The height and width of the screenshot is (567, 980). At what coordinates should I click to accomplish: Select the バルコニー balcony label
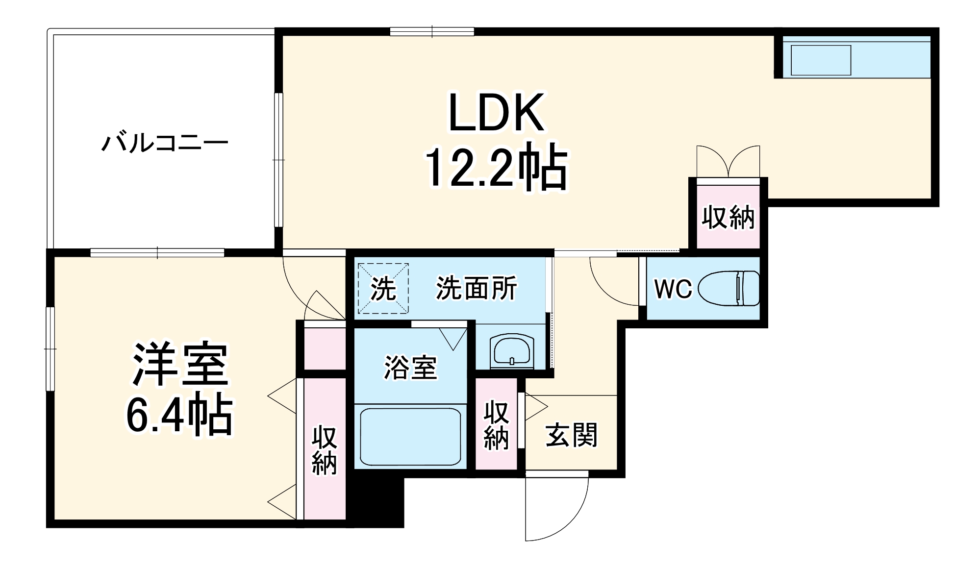point(165,144)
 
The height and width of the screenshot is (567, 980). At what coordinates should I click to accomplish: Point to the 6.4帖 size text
point(179,416)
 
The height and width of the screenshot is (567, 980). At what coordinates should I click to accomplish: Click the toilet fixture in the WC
point(729,288)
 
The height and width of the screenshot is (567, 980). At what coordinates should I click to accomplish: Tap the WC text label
point(673,289)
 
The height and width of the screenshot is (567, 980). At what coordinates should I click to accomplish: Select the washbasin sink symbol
point(511,350)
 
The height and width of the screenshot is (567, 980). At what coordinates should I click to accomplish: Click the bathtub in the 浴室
point(410,437)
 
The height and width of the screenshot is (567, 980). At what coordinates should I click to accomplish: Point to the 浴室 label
point(410,367)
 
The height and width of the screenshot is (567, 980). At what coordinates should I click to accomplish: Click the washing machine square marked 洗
point(383,289)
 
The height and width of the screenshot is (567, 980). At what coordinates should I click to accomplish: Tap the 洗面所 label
point(477,288)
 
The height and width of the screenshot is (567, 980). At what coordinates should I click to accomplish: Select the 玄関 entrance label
point(572,435)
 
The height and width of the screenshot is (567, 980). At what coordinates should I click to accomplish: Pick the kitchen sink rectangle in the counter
point(821,60)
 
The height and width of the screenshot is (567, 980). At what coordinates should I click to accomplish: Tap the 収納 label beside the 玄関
point(496,425)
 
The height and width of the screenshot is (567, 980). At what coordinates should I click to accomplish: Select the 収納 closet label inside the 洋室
point(325,450)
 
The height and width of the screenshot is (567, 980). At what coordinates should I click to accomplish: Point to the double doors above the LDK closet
point(728,162)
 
